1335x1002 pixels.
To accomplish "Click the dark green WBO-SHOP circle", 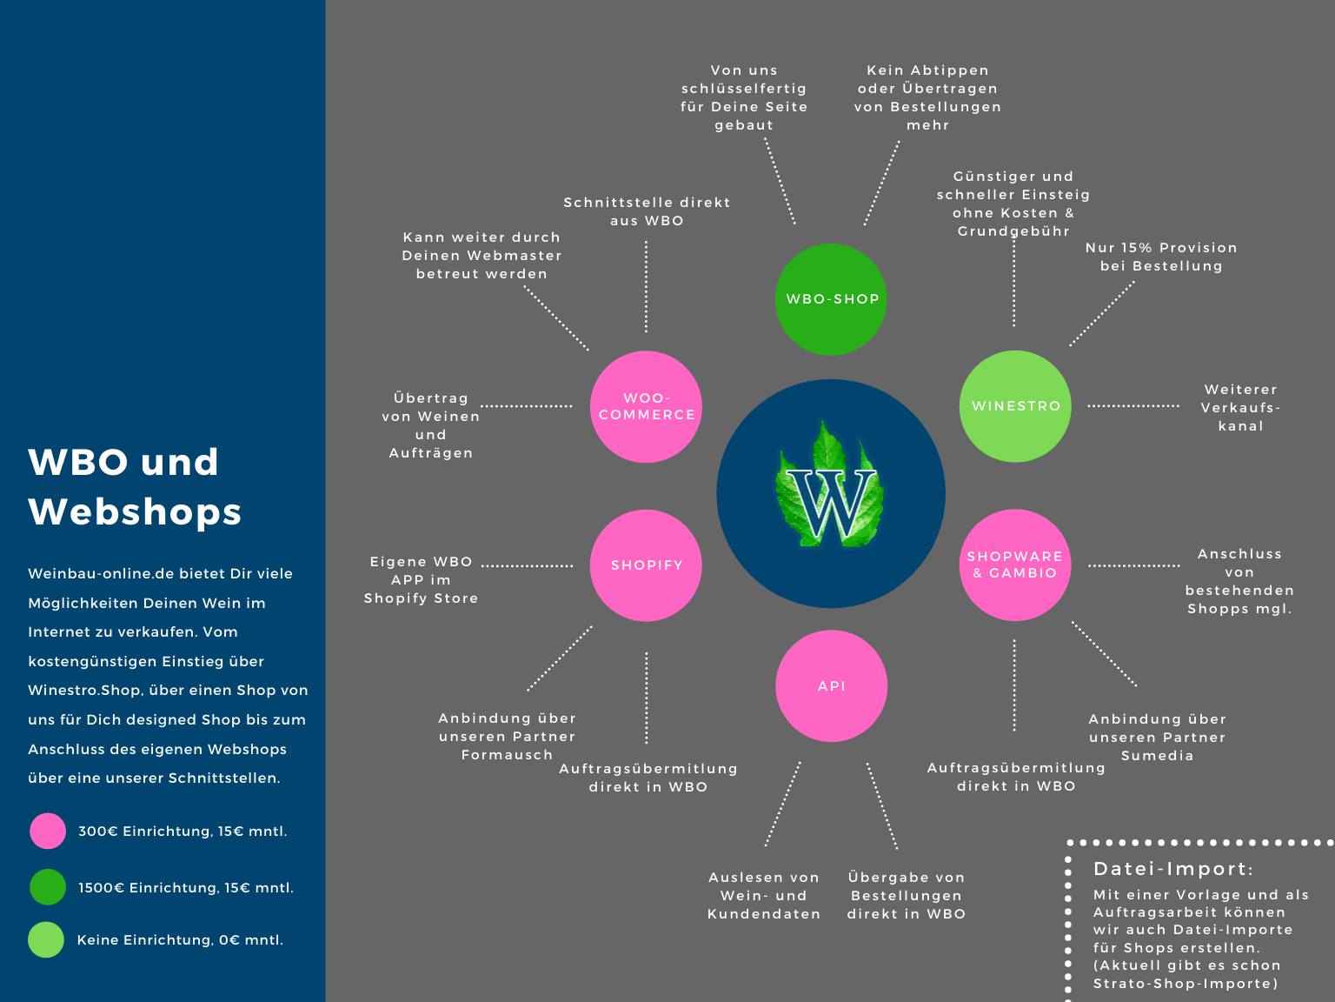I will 830,299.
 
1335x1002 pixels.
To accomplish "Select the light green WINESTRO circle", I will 1015,406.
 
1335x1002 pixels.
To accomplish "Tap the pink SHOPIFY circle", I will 646,565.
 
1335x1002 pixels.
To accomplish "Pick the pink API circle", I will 831,685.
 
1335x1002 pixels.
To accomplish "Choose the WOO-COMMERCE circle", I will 646,406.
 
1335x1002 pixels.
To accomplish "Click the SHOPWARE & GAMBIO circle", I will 1015,565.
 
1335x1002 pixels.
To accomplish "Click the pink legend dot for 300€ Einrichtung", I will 48,831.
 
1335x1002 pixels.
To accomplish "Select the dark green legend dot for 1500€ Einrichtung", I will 48,887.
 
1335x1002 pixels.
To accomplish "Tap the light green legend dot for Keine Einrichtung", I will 46,939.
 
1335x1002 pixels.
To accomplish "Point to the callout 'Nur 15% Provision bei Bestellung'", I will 1161,257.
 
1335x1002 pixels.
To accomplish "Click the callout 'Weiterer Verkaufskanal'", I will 1240,408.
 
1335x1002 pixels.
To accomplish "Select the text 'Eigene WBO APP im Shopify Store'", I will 421,580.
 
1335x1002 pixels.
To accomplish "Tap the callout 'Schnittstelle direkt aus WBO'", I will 647,211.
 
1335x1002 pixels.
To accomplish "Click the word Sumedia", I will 1157,756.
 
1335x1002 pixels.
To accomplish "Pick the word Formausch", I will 507,755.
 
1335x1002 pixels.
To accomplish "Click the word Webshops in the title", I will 135,511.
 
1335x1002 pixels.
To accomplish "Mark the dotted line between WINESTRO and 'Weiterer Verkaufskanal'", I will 1133,406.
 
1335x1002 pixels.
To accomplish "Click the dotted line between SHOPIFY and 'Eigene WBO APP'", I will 527,565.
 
